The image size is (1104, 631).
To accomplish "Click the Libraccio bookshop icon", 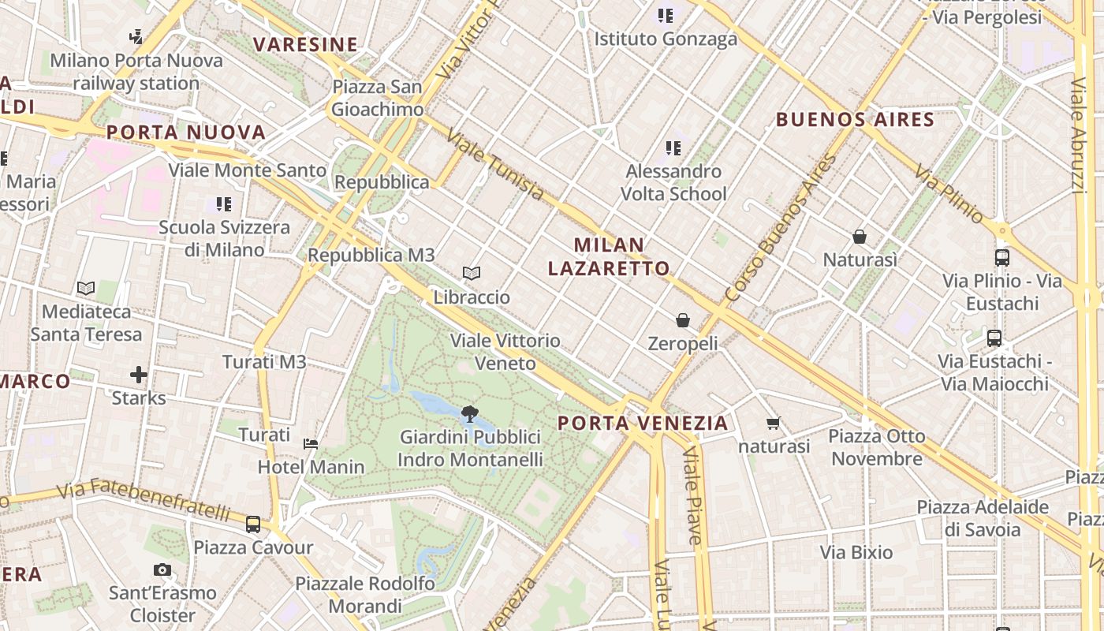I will tap(472, 274).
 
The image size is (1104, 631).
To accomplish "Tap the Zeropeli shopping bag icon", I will tap(683, 320).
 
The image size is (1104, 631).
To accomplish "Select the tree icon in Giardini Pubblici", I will tap(470, 413).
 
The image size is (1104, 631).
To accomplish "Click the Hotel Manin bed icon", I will tap(311, 444).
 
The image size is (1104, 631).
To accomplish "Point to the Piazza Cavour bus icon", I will tap(253, 524).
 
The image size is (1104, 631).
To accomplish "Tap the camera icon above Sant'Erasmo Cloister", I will tap(162, 569).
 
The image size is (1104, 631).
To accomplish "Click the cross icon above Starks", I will tap(139, 374).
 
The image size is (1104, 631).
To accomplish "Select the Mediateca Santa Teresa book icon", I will tap(86, 289).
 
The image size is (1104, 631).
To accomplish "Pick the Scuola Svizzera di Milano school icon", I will tap(224, 204).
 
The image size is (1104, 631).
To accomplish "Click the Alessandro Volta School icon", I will tap(673, 147).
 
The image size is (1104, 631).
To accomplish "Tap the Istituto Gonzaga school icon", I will tap(666, 15).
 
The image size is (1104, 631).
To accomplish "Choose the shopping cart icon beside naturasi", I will tap(774, 424).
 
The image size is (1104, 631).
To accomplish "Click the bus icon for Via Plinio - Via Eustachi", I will tap(1002, 258).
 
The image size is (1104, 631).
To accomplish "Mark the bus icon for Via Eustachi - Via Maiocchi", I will tap(994, 338).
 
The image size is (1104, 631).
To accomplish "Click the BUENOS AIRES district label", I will tap(855, 120).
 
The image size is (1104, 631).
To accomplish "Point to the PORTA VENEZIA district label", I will tap(643, 423).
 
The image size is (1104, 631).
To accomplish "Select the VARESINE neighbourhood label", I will tap(305, 44).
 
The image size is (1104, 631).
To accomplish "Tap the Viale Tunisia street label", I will tap(494, 165).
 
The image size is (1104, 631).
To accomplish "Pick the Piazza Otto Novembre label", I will tap(877, 447).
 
